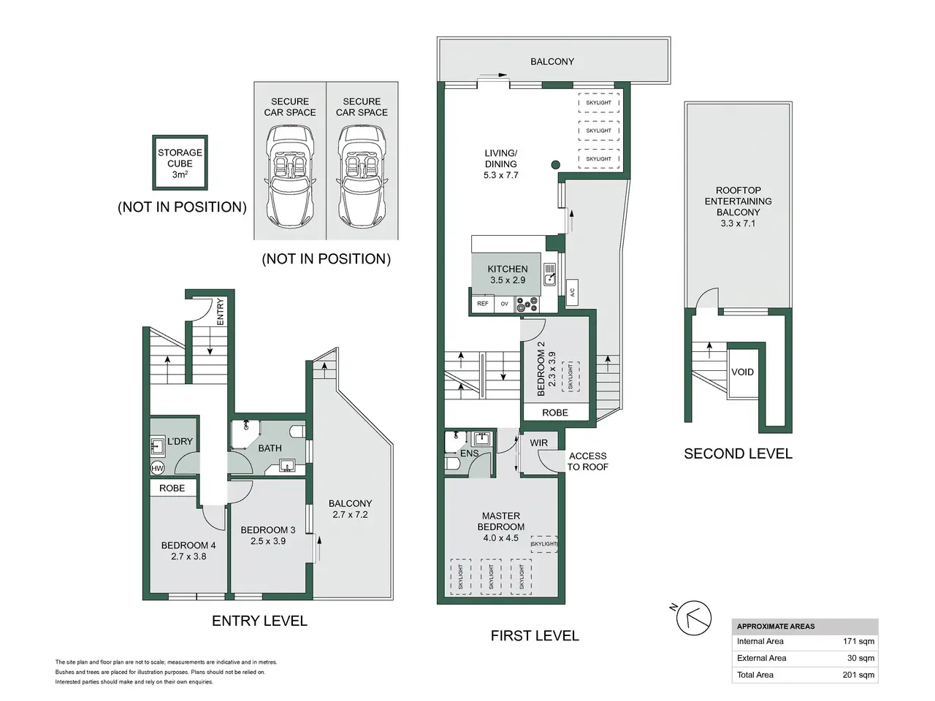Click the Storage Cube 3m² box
coord(180,163)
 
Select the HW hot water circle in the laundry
coord(157,468)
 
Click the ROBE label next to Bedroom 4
coord(172,489)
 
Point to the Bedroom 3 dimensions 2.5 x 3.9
coord(268,541)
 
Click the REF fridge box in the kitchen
coord(483,304)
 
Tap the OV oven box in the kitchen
coord(505,304)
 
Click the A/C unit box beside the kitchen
coord(572,292)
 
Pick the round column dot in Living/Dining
coord(555,165)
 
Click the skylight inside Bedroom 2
coord(570,377)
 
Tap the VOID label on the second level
coord(742,372)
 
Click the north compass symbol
coord(693,618)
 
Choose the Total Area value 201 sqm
coord(858,675)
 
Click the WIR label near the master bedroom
coord(539,443)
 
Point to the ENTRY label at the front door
coord(220,312)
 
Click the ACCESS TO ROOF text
coord(588,461)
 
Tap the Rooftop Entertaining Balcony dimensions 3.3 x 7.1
coord(738,223)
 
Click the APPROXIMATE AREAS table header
coord(776,627)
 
